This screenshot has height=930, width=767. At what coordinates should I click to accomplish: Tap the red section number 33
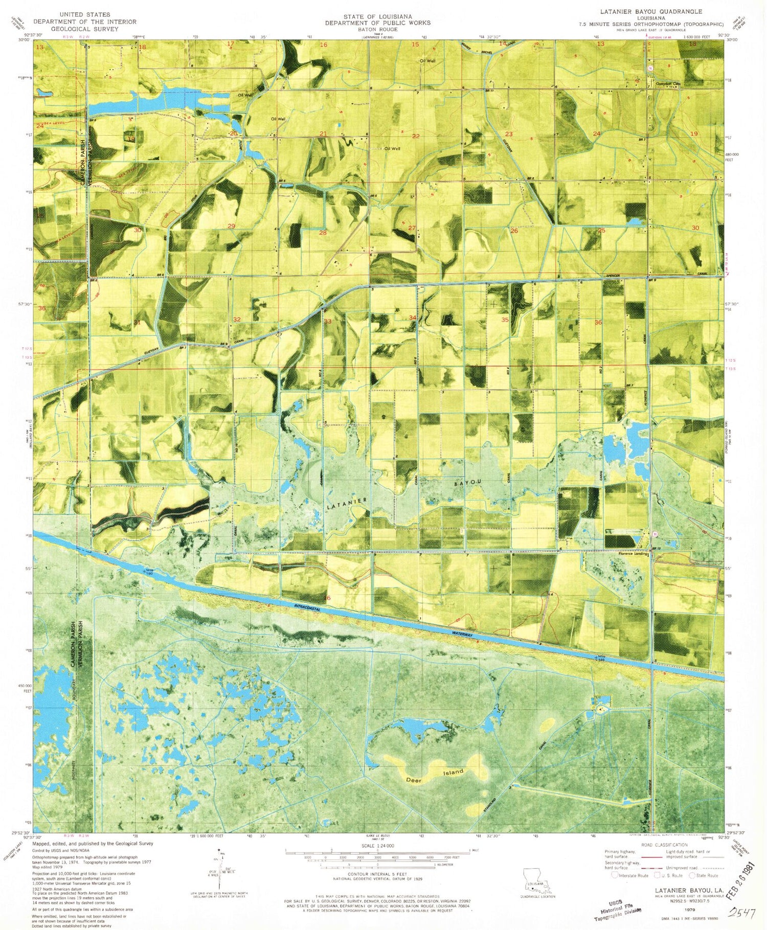(x=327, y=322)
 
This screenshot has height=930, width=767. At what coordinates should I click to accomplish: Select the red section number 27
(x=412, y=228)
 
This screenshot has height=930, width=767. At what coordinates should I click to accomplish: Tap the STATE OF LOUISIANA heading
(x=377, y=16)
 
